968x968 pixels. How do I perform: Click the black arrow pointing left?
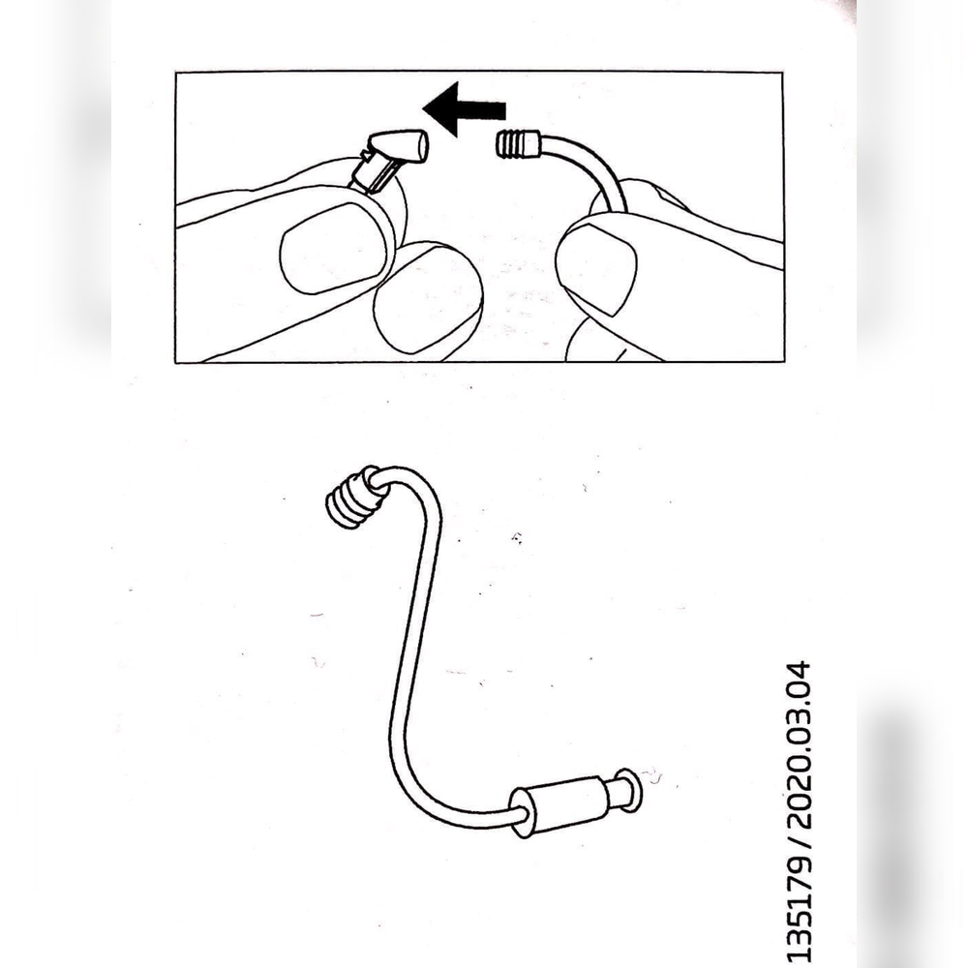465,109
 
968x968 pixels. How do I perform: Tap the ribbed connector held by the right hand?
517,144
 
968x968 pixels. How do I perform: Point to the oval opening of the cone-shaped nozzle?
422,146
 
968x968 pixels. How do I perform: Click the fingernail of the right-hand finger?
595,268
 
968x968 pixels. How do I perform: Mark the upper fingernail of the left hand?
333,248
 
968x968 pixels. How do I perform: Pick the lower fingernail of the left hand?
428,298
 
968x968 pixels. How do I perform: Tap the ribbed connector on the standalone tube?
351,497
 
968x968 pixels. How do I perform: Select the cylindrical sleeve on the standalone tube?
560,805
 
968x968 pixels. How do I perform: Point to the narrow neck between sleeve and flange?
612,794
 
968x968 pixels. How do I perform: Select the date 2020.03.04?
799,744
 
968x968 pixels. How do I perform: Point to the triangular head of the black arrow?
440,109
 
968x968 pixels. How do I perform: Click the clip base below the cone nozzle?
373,170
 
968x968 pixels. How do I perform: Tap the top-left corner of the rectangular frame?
176,73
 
